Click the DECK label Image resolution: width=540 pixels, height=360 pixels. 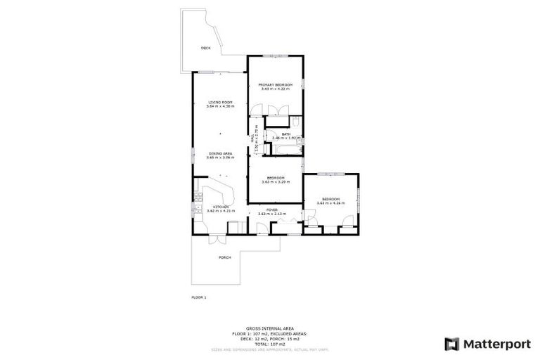205,48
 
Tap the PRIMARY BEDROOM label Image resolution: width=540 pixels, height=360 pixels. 276,84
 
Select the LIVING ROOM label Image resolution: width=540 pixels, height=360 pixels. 219,103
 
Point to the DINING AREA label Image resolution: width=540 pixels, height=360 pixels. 219,154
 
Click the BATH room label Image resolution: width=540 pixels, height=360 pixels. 285,134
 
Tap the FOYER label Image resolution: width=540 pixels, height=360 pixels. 272,209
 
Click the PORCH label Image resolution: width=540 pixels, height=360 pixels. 224,257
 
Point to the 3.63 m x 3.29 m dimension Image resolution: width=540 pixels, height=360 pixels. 275,181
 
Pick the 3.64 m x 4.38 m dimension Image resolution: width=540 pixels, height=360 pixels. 219,107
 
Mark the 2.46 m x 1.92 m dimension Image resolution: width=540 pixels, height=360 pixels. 285,139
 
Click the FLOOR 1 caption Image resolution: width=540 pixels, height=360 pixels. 199,297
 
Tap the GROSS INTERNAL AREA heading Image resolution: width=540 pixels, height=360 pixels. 269,328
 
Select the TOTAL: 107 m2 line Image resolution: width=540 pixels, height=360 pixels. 269,342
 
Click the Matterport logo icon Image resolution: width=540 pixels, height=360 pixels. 451,344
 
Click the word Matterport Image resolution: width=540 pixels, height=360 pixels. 496,344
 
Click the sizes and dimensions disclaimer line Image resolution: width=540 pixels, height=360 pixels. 269,349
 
